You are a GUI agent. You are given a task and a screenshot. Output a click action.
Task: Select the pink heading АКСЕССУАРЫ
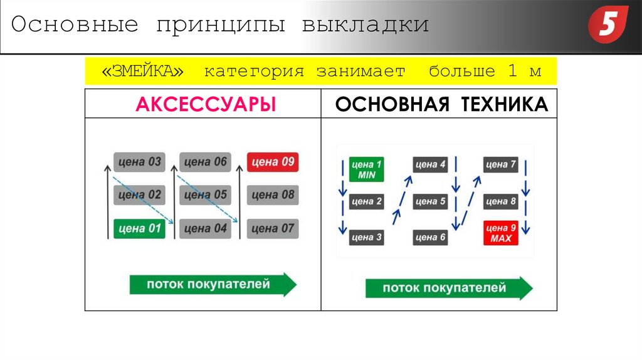206,104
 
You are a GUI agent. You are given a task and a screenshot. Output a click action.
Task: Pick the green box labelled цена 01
139,228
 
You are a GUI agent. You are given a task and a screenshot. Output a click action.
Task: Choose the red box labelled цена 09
272,162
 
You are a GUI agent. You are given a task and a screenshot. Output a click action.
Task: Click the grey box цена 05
205,195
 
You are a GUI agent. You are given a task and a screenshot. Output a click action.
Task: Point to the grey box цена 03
139,162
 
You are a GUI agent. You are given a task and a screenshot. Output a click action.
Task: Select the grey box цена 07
272,228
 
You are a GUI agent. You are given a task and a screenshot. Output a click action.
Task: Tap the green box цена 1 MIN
366,169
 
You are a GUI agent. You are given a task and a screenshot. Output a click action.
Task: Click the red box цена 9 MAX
500,233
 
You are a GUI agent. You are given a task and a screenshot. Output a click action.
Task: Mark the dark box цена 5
430,202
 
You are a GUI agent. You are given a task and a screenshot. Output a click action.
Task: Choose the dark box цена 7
500,165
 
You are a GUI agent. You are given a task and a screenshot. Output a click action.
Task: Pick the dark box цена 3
366,237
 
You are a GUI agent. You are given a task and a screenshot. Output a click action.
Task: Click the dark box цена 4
430,165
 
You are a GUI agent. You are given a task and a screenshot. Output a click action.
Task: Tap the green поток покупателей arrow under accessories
212,284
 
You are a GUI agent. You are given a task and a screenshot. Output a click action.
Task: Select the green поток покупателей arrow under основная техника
448,289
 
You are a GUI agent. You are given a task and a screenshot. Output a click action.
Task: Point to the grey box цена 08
272,195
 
